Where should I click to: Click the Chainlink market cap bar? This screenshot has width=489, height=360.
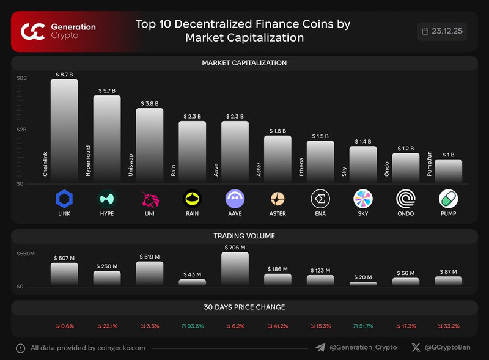click(64, 131)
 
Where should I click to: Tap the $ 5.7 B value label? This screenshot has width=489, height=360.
click(107, 90)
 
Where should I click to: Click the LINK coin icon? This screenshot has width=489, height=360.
click(64, 199)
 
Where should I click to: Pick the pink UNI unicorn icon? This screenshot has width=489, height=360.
click(149, 199)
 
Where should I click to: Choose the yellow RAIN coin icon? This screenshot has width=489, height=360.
click(192, 199)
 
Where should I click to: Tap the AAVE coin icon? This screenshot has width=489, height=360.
click(235, 199)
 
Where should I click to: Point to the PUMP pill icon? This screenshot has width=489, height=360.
click(448, 199)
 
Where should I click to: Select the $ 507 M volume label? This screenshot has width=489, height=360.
click(64, 258)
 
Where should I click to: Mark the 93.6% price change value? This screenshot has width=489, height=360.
click(192, 326)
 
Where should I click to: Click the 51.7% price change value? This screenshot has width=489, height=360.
click(363, 326)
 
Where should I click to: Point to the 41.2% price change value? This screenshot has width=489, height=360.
click(278, 326)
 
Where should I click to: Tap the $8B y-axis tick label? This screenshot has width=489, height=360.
click(22, 78)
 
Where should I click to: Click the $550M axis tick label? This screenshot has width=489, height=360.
click(26, 252)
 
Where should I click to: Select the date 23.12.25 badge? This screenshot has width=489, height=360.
click(442, 31)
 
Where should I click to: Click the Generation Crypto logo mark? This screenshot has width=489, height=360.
click(32, 31)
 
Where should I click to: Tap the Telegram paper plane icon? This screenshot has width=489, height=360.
click(320, 348)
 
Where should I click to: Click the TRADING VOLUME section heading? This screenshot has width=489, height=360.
click(244, 236)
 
